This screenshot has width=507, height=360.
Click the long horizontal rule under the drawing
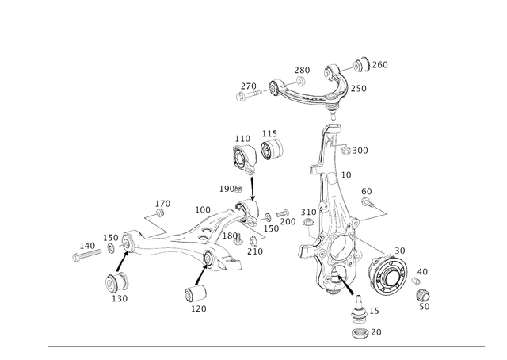[266, 346]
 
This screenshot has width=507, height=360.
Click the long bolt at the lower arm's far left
[83, 252]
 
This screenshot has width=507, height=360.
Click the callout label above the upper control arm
[301, 71]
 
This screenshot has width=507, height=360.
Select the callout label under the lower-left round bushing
[120, 300]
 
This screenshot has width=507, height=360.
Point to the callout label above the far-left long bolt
[90, 239]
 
